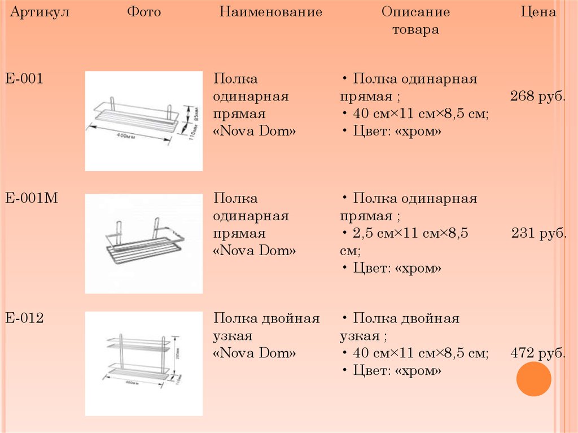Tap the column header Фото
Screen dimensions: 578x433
click(144, 12)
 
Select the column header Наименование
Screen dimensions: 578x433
click(271, 12)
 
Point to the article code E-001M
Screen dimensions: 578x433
click(32, 199)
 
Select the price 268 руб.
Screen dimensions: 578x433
click(538, 97)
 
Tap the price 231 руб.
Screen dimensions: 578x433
click(538, 234)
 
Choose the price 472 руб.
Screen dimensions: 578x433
click(538, 354)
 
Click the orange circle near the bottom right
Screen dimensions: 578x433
click(533, 379)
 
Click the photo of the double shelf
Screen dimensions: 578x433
click(143, 363)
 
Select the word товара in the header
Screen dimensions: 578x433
click(415, 30)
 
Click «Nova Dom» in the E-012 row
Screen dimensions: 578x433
click(255, 354)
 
